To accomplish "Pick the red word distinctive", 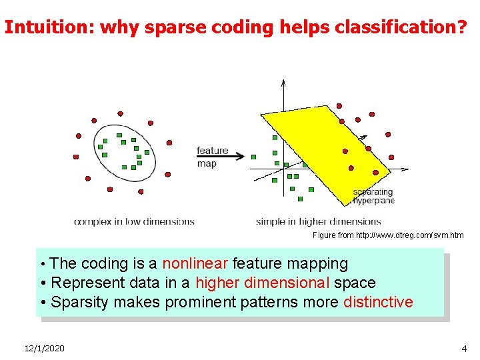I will [x=378, y=302].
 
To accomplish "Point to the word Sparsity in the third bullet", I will [x=79, y=302].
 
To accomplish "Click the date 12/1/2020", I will [x=45, y=349].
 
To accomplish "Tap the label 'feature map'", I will [x=212, y=157].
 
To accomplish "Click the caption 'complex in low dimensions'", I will [x=134, y=221].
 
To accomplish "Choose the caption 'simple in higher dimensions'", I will [x=318, y=221].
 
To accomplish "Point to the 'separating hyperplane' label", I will [x=373, y=197].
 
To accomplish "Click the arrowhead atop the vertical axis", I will [x=283, y=83].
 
